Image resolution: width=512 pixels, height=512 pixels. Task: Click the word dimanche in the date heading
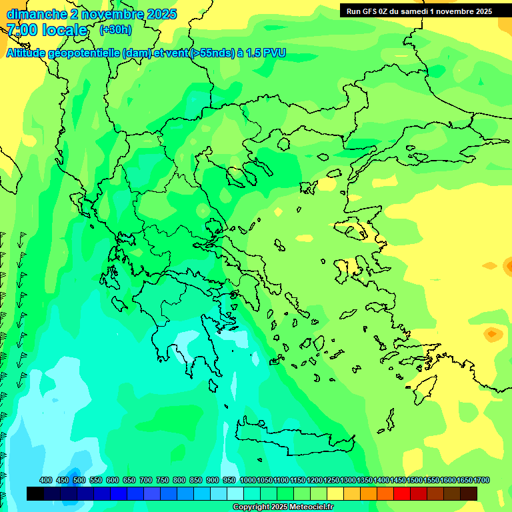click(36, 14)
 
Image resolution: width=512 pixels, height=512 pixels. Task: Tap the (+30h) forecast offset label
click(115, 30)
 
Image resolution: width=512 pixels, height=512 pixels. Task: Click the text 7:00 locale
click(47, 31)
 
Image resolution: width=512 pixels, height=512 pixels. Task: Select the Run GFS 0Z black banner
click(419, 11)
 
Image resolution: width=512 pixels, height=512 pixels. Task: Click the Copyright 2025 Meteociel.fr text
click(283, 507)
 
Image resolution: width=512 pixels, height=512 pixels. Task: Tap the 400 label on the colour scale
click(46, 481)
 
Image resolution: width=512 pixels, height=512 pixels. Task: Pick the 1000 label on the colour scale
click(247, 481)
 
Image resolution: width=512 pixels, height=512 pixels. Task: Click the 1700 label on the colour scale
click(481, 481)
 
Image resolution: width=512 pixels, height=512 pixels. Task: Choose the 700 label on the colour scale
click(146, 481)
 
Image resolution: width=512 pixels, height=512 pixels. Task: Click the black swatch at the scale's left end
click(35, 493)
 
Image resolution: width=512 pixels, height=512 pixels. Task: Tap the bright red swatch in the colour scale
click(402, 493)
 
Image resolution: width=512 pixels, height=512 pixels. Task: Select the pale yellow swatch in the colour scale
click(335, 493)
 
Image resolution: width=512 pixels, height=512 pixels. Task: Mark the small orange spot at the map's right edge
click(492, 333)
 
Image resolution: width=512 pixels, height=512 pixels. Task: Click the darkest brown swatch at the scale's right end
click(469, 493)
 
